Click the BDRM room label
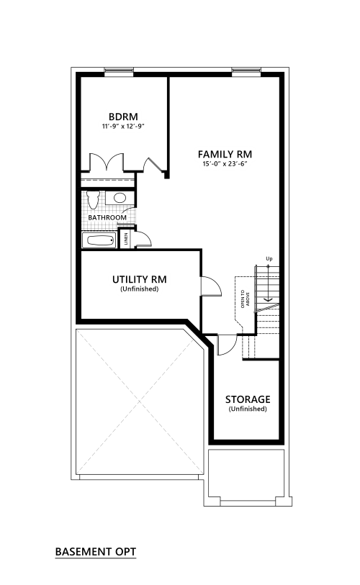click(x=123, y=117)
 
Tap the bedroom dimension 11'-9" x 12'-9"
click(x=123, y=126)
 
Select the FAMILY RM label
click(x=225, y=154)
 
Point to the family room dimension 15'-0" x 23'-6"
click(x=225, y=163)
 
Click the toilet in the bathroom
click(x=93, y=199)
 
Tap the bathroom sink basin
click(x=120, y=197)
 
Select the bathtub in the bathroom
click(x=99, y=240)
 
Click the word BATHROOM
click(x=107, y=217)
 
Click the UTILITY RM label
click(x=139, y=279)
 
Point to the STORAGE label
click(x=248, y=399)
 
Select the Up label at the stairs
click(x=269, y=258)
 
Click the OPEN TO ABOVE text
click(x=245, y=299)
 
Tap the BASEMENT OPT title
click(x=96, y=552)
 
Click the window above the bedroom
click(x=119, y=71)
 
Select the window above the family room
click(x=246, y=71)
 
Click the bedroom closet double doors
click(x=107, y=162)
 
